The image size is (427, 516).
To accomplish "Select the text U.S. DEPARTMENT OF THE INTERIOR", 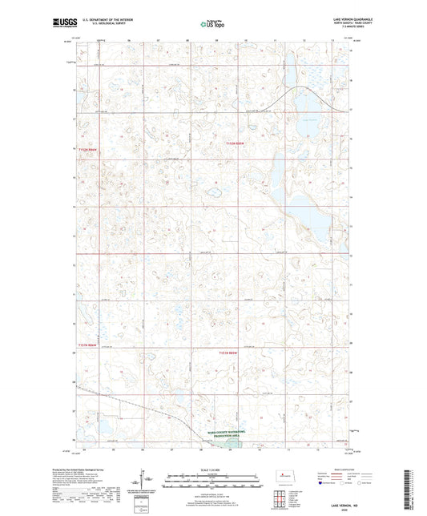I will (106, 21).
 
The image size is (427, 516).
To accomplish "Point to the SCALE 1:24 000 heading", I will (211, 470).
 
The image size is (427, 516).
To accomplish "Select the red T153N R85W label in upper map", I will (231, 143).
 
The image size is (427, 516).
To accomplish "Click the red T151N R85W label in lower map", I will (231, 352).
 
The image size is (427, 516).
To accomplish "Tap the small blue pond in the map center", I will (214, 192).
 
